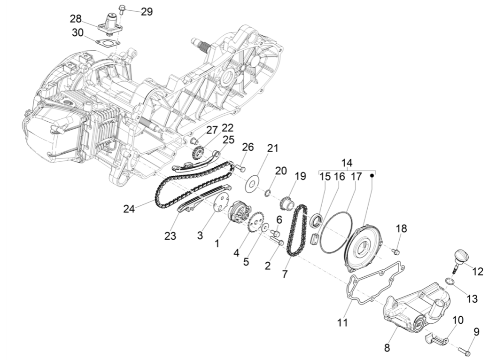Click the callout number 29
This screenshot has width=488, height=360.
point(147,12)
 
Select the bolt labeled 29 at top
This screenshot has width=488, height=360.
point(122,8)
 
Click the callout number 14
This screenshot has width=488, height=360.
point(347,163)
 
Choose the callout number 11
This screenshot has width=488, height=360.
point(342,322)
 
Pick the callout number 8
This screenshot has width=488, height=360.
point(387,348)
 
